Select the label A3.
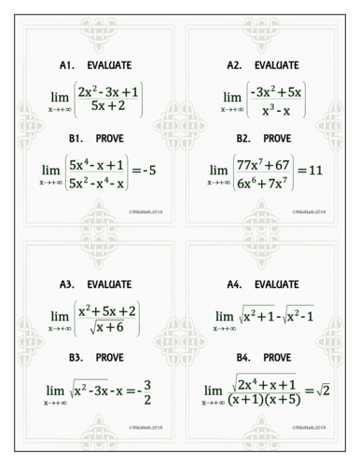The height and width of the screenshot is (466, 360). point(65,283)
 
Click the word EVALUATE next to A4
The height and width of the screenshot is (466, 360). point(280,283)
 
